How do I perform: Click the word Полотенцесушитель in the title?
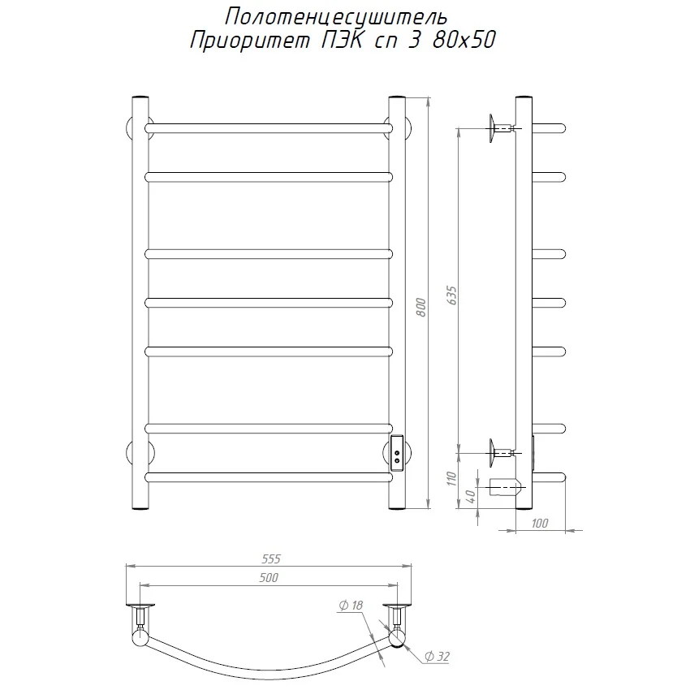click(333, 16)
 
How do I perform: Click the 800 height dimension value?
click(420, 304)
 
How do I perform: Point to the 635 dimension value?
click(451, 297)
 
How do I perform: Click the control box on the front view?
click(397, 451)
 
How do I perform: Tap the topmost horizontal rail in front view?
click(268, 127)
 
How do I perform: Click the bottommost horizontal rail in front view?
click(268, 477)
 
